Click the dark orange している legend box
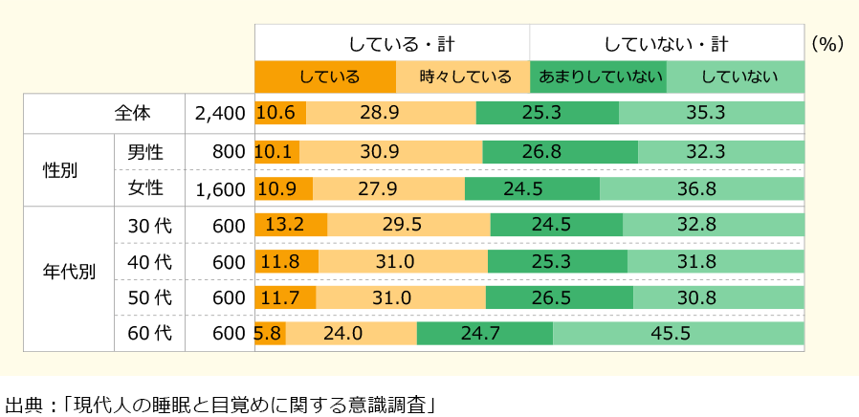click(x=325, y=77)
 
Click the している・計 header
click(x=392, y=44)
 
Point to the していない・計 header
click(x=667, y=44)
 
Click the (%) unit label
click(x=826, y=44)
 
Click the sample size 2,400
click(x=220, y=113)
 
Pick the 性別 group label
click(x=61, y=170)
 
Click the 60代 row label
click(x=149, y=333)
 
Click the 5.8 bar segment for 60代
click(x=270, y=333)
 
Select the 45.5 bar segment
click(x=678, y=333)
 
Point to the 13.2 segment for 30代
click(x=291, y=226)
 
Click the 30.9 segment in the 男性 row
click(x=391, y=152)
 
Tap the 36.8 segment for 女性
click(x=701, y=189)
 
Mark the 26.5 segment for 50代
click(x=559, y=297)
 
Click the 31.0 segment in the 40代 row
click(x=403, y=261)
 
